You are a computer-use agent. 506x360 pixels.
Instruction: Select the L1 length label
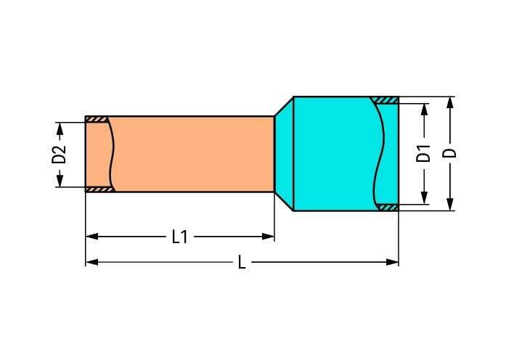pos(179,237)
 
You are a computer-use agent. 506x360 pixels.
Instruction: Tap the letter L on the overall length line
pos(242,262)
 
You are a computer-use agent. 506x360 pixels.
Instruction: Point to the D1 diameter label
pos(424,154)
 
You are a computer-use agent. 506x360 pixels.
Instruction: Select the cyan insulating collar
pos(334,154)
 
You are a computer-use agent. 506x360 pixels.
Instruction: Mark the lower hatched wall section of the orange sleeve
pos(99,189)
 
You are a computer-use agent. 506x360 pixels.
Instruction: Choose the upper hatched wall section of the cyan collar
pos(384,99)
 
